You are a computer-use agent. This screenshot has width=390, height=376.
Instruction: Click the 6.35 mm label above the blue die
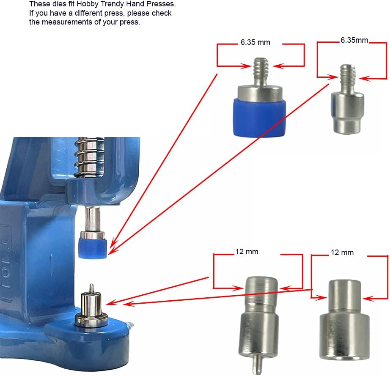pyautogui.click(x=255, y=42)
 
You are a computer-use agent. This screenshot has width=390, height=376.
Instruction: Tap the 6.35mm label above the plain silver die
pyautogui.click(x=354, y=40)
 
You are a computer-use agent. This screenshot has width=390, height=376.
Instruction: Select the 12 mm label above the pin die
pyautogui.click(x=247, y=252)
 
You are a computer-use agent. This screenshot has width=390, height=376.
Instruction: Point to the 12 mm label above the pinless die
pyautogui.click(x=342, y=252)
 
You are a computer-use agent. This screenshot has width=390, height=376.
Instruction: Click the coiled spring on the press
pyautogui.click(x=90, y=156)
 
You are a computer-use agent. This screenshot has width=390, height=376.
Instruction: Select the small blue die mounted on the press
pyautogui.click(x=93, y=248)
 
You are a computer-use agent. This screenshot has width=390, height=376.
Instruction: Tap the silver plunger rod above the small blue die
pyautogui.click(x=93, y=219)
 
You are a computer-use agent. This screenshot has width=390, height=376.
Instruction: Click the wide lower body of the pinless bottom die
pyautogui.click(x=344, y=335)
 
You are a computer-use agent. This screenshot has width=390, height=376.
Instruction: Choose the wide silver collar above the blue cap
pyautogui.click(x=260, y=93)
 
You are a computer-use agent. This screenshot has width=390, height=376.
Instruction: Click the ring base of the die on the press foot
pyautogui.click(x=92, y=320)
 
